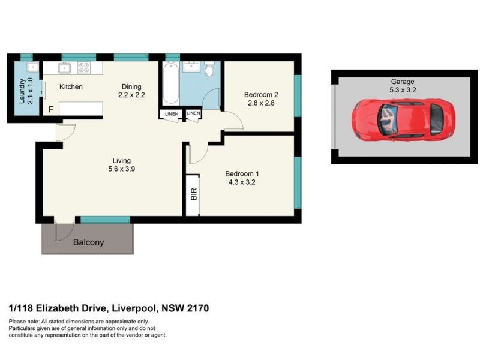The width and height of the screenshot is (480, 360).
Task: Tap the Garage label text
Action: tap(403, 82)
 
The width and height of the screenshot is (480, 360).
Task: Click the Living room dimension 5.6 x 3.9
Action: tap(121, 170)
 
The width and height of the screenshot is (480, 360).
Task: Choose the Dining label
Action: tap(131, 86)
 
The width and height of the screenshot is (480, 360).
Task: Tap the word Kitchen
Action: tap(71, 87)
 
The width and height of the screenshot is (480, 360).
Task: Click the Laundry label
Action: tap(22, 92)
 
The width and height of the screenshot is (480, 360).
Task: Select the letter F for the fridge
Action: tap(52, 110)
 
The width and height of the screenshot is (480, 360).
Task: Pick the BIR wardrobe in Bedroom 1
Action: tap(193, 194)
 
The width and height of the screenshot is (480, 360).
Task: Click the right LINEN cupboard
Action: tap(193, 113)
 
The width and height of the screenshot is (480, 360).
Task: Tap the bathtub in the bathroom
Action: tap(169, 84)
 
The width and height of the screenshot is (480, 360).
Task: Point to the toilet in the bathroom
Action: tap(209, 71)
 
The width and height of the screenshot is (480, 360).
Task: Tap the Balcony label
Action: tap(88, 243)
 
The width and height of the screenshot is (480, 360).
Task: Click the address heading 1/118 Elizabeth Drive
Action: tap(109, 308)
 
